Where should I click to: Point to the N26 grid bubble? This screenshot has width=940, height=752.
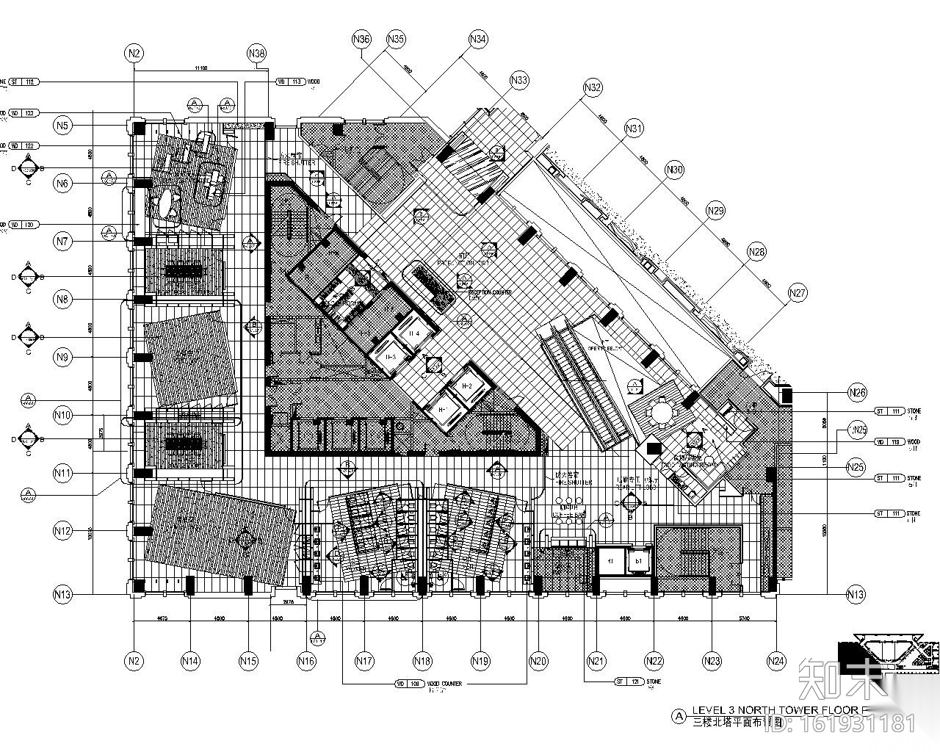856,392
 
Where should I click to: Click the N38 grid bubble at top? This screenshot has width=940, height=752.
256,53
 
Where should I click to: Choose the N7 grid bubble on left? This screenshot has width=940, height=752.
63,240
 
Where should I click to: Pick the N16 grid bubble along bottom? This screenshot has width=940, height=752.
306,661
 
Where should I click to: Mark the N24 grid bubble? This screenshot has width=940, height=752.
776,661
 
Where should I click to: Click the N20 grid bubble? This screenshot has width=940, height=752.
539,661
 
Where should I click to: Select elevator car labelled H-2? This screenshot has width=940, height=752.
467,386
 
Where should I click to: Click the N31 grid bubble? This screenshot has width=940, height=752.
634,129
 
